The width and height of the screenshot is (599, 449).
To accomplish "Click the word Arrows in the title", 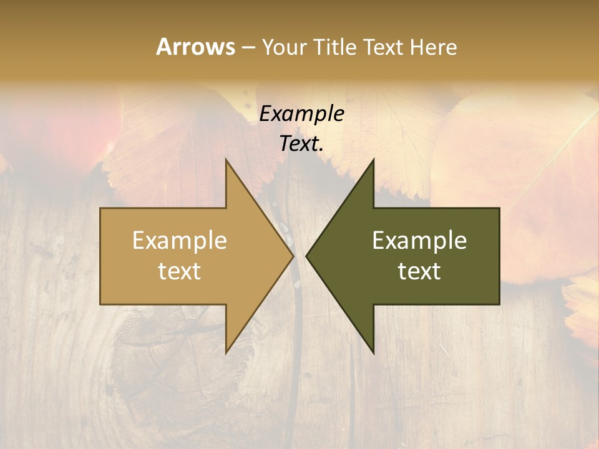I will [x=195, y=47].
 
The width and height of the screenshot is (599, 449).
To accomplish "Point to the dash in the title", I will [x=248, y=47].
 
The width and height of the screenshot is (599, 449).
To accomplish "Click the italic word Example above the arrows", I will [x=301, y=113].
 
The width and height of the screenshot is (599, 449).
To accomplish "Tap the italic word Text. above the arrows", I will [x=301, y=143].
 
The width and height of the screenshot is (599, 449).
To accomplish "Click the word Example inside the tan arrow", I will [x=180, y=241].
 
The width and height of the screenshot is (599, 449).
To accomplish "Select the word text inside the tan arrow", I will [x=180, y=271].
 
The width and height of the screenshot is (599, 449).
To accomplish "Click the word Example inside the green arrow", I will [x=419, y=241].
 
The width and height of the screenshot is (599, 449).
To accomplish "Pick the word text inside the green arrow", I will [x=419, y=271].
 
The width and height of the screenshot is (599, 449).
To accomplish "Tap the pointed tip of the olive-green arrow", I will [x=308, y=256].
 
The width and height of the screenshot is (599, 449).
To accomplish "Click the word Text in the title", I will [x=383, y=47].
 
